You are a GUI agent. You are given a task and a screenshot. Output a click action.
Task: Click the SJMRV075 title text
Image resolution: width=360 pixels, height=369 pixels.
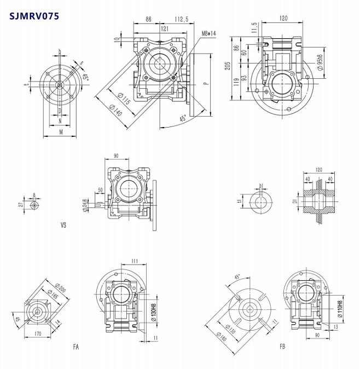point(34,14)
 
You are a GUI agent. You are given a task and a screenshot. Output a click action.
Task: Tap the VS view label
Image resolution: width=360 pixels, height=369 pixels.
point(63,224)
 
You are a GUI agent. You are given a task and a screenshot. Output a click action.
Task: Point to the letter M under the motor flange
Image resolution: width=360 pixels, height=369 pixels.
point(60,131)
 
